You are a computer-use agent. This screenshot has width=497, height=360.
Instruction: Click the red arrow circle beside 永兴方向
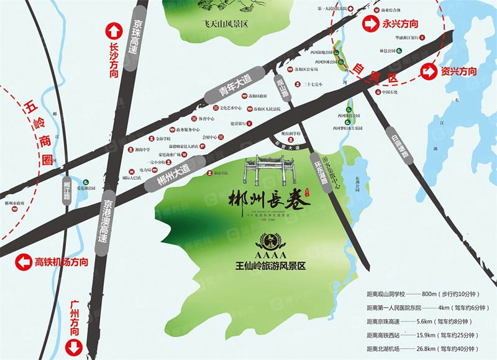click(370, 25)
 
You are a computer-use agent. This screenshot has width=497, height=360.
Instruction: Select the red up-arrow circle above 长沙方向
click(113, 30)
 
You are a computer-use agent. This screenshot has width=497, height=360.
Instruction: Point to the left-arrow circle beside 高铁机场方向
click(23, 262)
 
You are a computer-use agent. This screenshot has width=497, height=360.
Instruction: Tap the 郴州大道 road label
click(171, 176)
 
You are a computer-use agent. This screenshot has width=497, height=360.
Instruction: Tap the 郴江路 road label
click(67, 189)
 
